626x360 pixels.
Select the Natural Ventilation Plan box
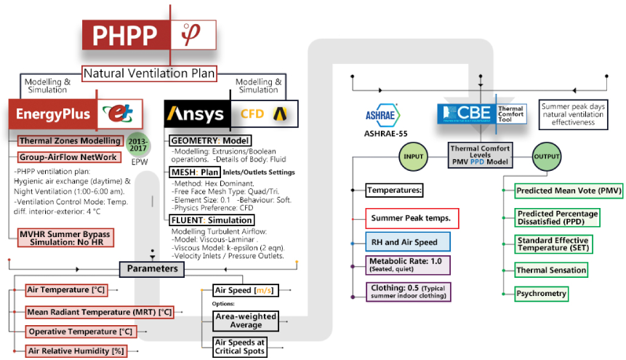[x=149, y=73]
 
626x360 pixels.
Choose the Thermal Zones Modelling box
[x=70, y=140]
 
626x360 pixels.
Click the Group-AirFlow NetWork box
[x=68, y=157]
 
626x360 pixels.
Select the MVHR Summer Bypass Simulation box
[x=66, y=238]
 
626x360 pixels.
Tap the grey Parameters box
[x=152, y=269]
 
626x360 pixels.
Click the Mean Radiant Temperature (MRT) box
[x=100, y=312]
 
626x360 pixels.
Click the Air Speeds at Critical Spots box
[x=239, y=347]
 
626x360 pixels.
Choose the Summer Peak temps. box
[x=412, y=217]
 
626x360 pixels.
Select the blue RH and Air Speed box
[x=408, y=241]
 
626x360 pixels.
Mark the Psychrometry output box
[x=542, y=294]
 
